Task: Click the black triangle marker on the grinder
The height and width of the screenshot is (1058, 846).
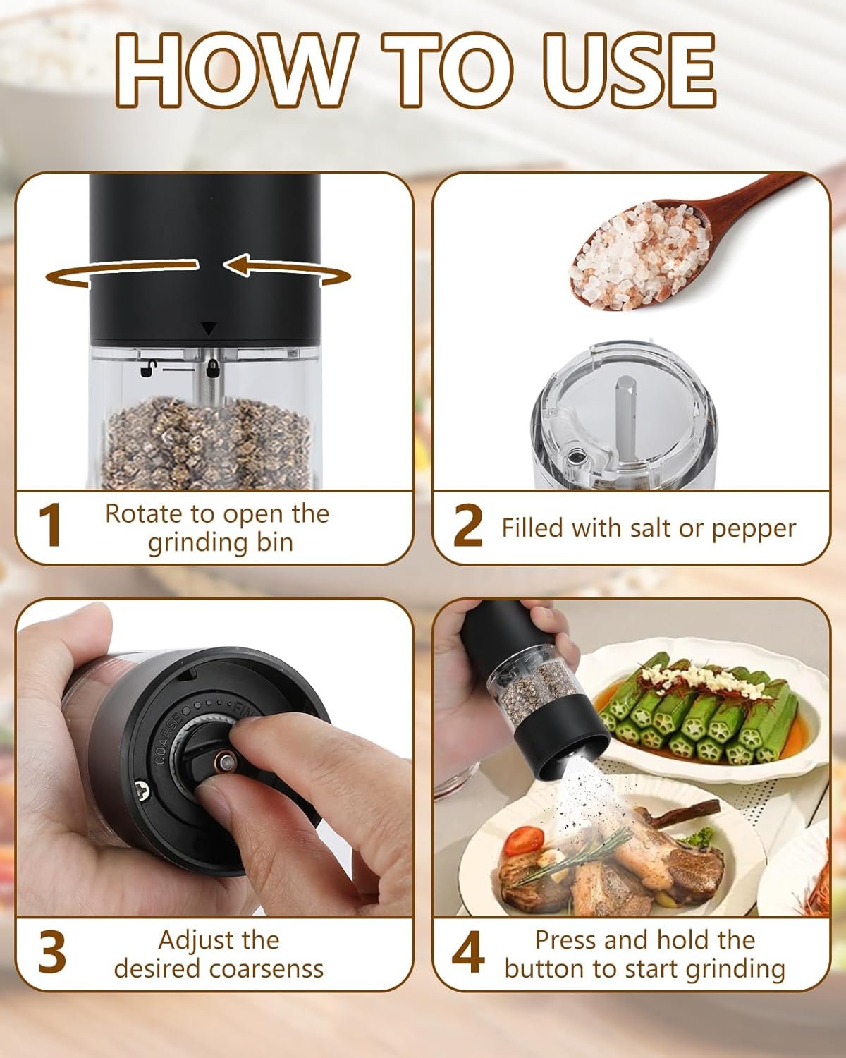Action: coord(209,329)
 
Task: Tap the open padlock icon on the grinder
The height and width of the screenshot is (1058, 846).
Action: coord(147,367)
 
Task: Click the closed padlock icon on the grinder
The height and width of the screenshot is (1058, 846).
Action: coord(212,368)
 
